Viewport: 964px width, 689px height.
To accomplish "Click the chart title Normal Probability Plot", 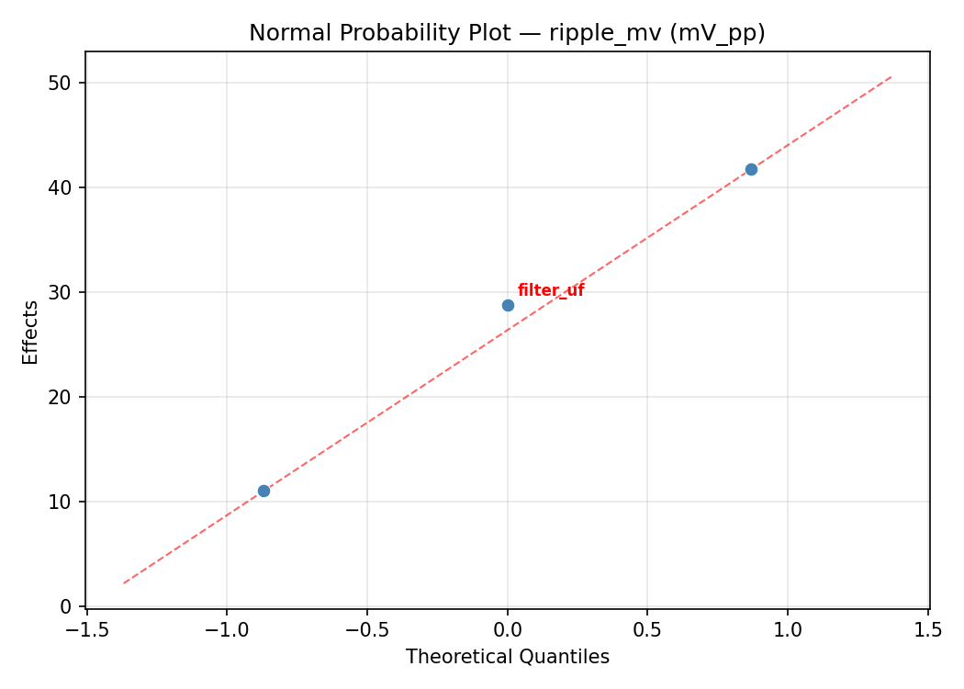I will pos(507,33).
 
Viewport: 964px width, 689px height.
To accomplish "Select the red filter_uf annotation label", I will pos(551,291).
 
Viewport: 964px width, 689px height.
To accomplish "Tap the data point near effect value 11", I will pos(263,491).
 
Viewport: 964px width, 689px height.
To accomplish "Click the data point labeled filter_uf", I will pos(508,305).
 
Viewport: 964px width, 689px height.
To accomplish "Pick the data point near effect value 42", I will pos(751,169).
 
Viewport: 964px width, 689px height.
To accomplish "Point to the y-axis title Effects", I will pos(31,332).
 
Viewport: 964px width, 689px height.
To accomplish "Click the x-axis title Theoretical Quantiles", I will pos(507,657).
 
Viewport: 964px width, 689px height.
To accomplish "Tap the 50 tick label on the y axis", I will pos(61,84).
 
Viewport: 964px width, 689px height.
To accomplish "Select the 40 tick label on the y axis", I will pos(61,188).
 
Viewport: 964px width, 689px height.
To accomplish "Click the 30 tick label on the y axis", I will pos(61,293).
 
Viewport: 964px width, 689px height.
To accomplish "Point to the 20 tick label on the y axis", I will pos(61,398).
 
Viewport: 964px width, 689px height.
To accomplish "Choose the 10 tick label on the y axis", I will pos(61,503).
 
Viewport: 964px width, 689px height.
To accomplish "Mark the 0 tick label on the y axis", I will pos(66,607).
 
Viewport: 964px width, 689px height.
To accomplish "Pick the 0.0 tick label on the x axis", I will pos(508,629).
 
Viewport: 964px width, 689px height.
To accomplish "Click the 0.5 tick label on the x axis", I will pos(647,629).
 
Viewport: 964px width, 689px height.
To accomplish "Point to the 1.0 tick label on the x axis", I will pos(788,629).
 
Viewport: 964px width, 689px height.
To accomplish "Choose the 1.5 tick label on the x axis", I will pos(928,629).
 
